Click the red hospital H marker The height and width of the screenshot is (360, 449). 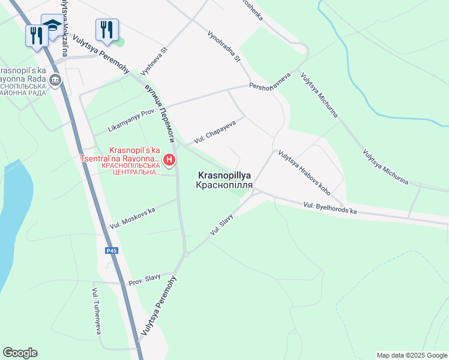pos(170,160)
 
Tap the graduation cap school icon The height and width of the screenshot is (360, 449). pos(52,26)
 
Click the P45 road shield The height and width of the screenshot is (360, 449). pos(111,250)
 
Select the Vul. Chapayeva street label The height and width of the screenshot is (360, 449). pos(214,132)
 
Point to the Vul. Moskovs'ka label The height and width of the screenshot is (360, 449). pos(133,218)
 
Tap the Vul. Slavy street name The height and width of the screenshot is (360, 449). pos(221,224)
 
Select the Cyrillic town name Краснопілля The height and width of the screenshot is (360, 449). pos(223,186)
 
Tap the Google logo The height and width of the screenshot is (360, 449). pos(20,353)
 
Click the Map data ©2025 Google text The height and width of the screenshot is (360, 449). pos(411,355)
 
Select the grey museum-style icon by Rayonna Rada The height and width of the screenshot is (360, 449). pos(55,80)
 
